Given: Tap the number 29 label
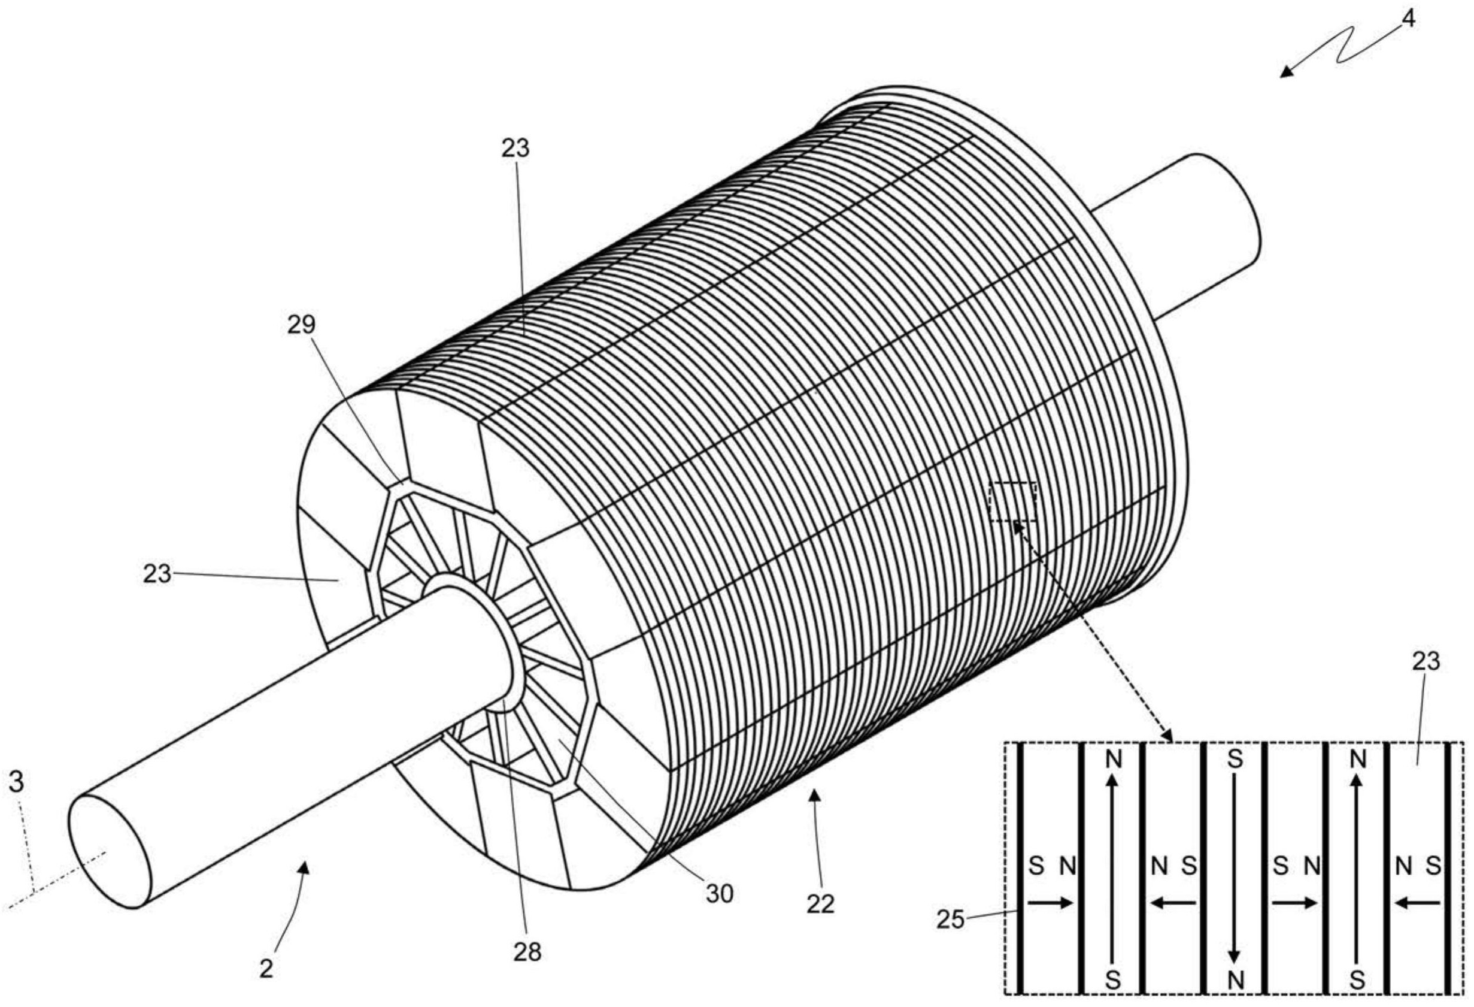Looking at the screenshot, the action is tap(301, 325).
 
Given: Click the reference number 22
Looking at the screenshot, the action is tap(820, 904).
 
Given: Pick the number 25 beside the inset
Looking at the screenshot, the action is tap(950, 920).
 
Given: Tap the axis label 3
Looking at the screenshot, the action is tap(17, 782).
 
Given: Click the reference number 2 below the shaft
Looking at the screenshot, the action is tap(266, 969).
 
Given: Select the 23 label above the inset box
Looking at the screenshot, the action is tap(1427, 662).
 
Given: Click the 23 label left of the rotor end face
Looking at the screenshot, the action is tap(157, 574).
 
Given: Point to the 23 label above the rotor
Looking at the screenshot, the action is tap(515, 148).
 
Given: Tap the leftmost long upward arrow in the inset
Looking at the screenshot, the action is tap(1112, 877).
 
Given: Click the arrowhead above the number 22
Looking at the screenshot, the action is tap(816, 796).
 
